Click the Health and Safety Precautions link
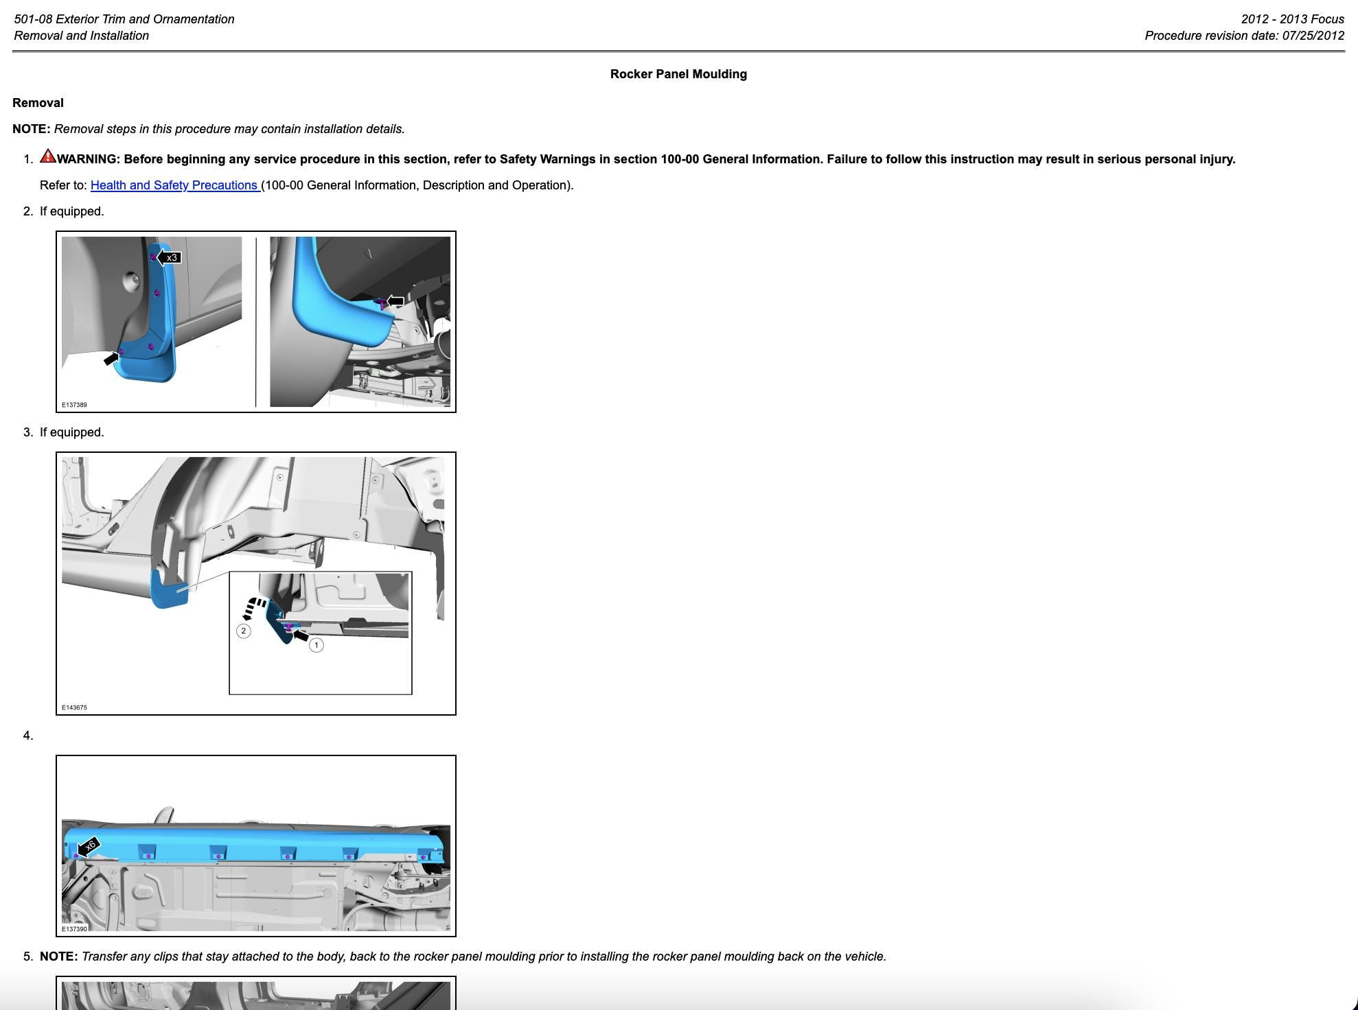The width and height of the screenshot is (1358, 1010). point(175,185)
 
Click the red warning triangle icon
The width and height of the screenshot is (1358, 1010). point(48,156)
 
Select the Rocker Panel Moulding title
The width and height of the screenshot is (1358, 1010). point(678,74)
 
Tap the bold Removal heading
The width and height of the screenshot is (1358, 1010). point(38,103)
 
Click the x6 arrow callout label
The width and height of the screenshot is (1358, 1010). point(88,847)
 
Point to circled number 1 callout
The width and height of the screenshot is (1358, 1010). point(316,645)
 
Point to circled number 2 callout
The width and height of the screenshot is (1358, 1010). point(243,631)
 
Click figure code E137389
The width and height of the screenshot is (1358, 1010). point(74,405)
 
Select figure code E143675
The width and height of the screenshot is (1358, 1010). point(74,707)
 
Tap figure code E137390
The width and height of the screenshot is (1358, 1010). point(74,929)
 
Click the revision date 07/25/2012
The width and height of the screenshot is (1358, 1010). point(1313,36)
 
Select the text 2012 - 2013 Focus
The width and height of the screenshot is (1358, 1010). point(1292,19)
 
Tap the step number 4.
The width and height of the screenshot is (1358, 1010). point(27,736)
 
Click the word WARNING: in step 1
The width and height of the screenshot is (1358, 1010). point(89,159)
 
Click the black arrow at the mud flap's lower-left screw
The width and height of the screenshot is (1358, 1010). point(111,358)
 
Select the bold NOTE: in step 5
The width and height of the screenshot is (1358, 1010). point(59,956)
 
